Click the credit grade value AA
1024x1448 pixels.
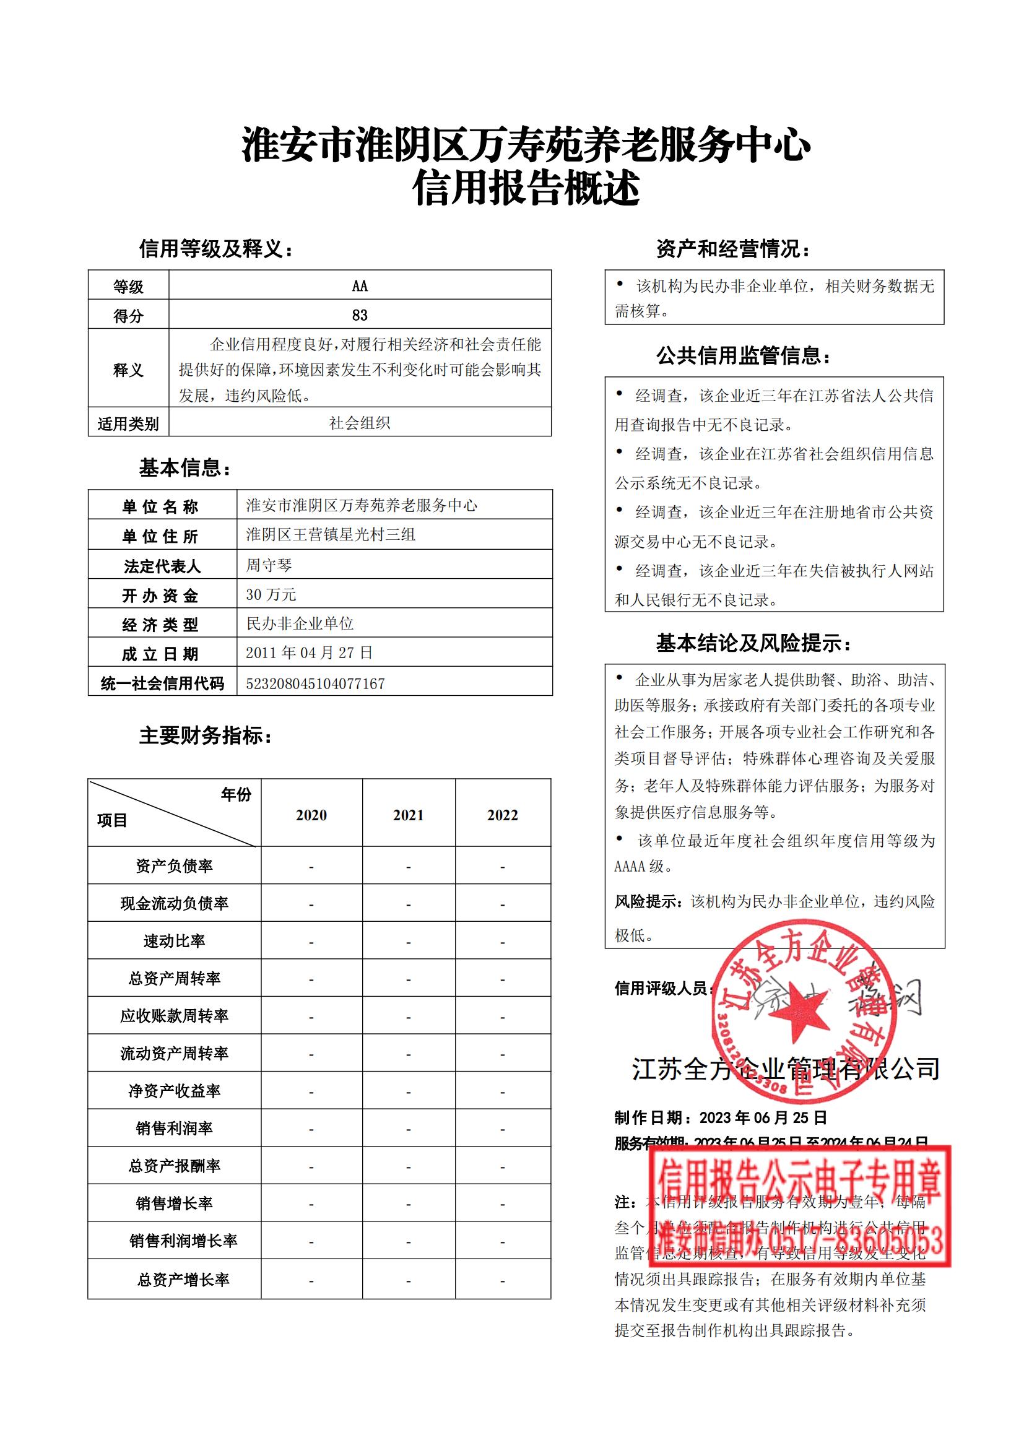360,285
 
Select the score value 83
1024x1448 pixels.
360,314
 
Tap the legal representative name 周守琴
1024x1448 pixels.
269,565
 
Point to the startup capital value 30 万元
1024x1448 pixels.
271,594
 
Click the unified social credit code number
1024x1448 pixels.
315,683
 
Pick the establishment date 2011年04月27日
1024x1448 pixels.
309,652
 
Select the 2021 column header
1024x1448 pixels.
408,815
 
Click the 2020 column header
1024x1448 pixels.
311,815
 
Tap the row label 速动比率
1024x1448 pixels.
174,941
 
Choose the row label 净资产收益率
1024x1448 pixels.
174,1091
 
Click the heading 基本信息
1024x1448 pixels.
185,467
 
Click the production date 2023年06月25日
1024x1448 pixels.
763,1117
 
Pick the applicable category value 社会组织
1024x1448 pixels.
360,423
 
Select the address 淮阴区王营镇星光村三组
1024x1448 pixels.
331,535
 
